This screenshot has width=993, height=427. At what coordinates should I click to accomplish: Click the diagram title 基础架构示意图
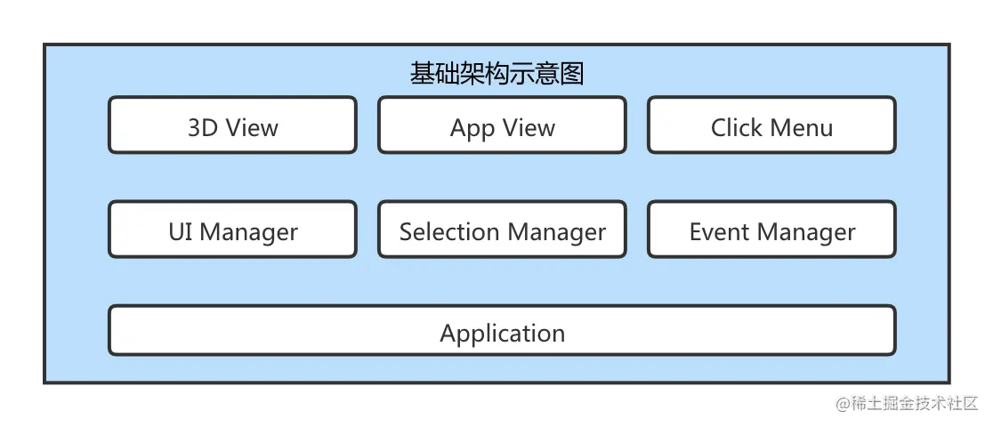click(496, 74)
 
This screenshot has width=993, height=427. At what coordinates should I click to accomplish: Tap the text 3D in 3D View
click(202, 128)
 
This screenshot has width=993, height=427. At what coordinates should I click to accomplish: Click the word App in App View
click(472, 129)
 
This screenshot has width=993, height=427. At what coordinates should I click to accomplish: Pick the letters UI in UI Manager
click(181, 232)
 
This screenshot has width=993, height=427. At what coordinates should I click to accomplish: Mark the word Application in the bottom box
click(502, 334)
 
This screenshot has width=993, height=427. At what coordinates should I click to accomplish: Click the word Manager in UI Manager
click(248, 233)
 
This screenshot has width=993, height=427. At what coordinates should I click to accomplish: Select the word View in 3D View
click(252, 128)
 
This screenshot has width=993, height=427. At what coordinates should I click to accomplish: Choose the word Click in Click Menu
click(737, 128)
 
